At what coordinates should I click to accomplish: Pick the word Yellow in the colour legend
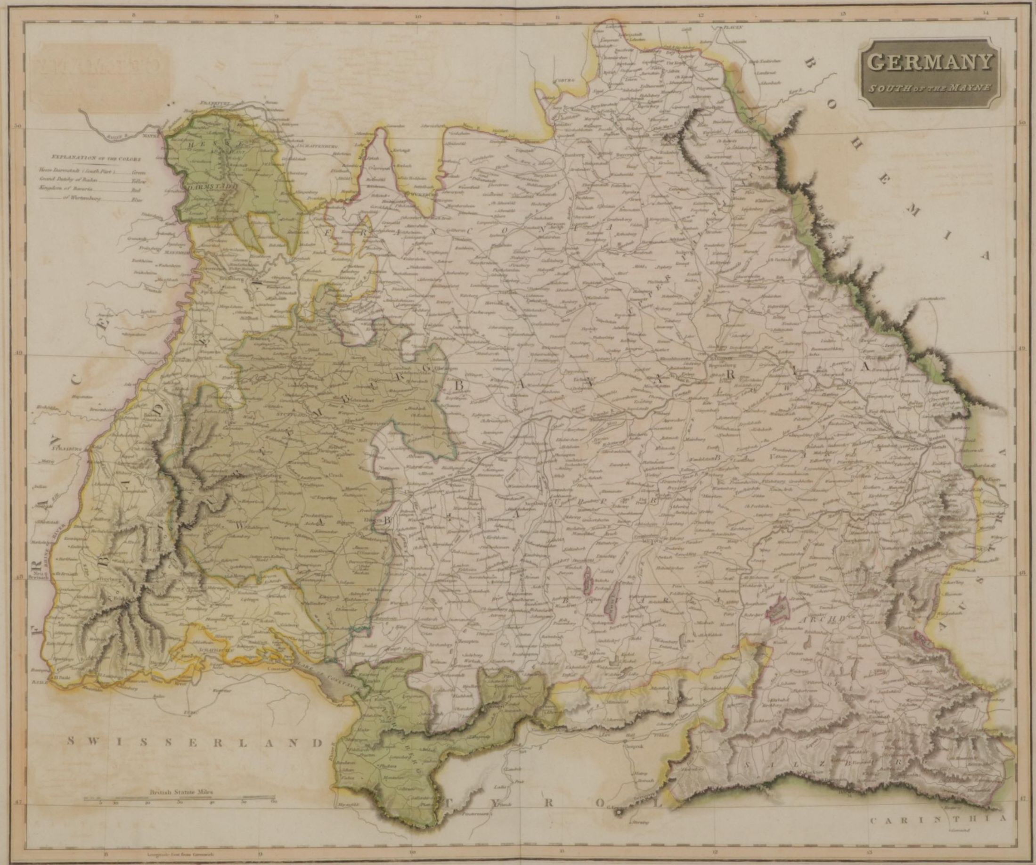137,181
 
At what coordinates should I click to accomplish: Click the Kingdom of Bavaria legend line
69,190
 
